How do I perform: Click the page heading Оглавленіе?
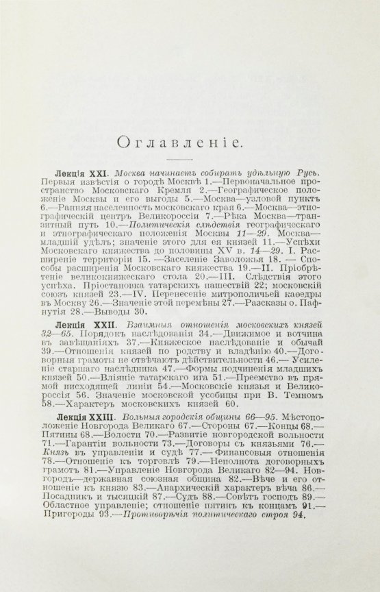click(x=190, y=142)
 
